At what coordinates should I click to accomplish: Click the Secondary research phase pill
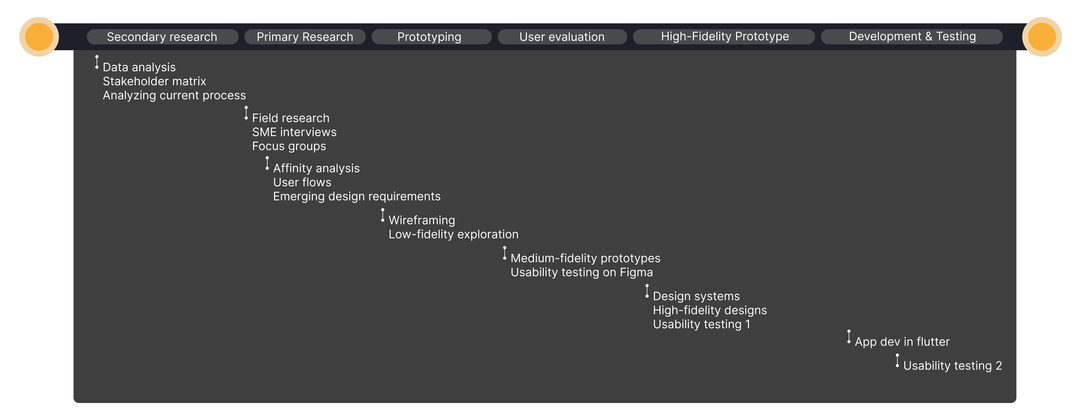162,37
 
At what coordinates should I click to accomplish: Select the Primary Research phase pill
305,37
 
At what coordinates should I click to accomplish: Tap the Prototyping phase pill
431,37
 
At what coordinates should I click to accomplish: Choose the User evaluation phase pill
562,37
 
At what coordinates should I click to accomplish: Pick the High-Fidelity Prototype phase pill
724,37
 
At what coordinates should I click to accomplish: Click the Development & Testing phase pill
912,37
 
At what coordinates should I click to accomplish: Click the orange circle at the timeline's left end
39,37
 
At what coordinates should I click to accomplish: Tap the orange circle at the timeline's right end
1042,37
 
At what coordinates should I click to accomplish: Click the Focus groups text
289,146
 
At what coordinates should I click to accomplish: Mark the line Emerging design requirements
357,196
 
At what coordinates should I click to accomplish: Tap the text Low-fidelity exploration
454,234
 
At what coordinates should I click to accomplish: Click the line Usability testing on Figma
581,272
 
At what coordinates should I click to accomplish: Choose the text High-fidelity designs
710,310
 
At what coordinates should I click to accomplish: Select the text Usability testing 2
953,366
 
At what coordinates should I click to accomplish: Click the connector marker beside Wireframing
382,215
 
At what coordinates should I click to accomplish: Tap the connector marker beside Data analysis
97,62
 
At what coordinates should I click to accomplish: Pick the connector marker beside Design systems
647,291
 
